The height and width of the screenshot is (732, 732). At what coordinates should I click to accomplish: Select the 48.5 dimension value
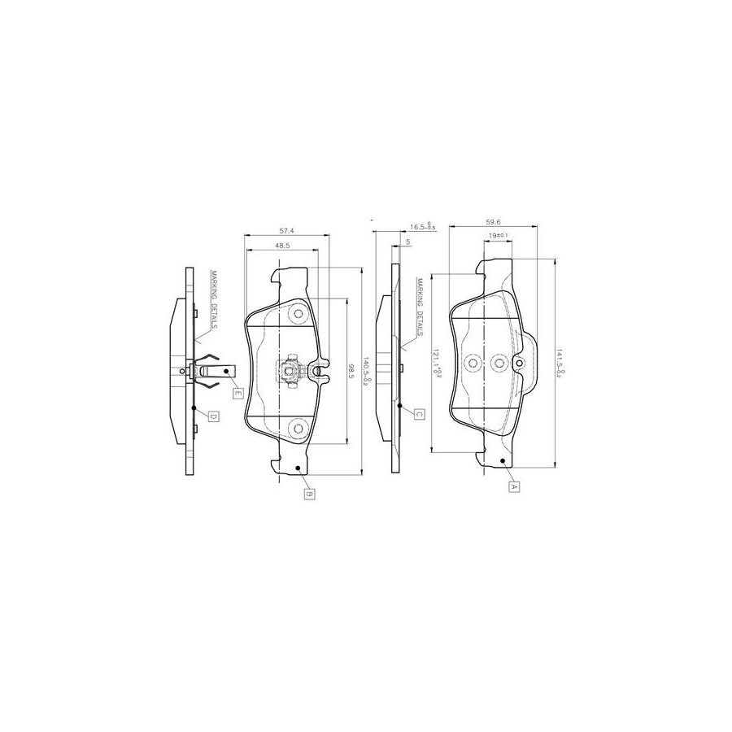pyautogui.click(x=283, y=245)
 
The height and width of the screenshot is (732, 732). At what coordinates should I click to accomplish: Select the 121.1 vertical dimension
pyautogui.click(x=437, y=361)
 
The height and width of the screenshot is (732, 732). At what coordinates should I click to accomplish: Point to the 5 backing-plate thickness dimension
pyautogui.click(x=407, y=242)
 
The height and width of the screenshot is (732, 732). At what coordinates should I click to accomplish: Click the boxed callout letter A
pyautogui.click(x=513, y=486)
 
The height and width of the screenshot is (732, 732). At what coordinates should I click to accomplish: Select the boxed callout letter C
pyautogui.click(x=419, y=414)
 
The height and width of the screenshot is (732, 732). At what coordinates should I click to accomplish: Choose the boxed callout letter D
pyautogui.click(x=213, y=416)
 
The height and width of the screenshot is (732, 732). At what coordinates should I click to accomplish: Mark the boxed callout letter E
pyautogui.click(x=237, y=394)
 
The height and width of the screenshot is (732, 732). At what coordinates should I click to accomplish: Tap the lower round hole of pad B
pyautogui.click(x=297, y=428)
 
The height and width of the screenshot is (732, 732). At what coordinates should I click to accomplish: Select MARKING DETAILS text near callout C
pyautogui.click(x=419, y=308)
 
